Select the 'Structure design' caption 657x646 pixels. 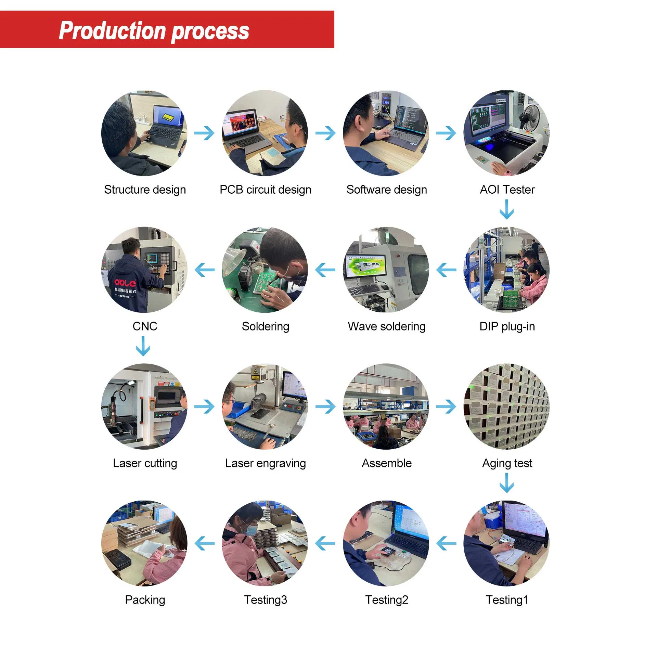pyautogui.click(x=145, y=190)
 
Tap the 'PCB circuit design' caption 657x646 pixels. pyautogui.click(x=265, y=190)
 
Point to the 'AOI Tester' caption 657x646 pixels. pyautogui.click(x=507, y=190)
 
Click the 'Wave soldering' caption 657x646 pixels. pyautogui.click(x=386, y=326)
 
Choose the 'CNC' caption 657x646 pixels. pyautogui.click(x=145, y=326)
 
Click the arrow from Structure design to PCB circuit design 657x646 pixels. pyautogui.click(x=204, y=133)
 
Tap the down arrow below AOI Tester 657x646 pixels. pyautogui.click(x=507, y=209)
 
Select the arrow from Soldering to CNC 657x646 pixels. pyautogui.click(x=205, y=270)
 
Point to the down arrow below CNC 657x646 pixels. pyautogui.click(x=143, y=346)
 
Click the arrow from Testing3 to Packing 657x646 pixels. pyautogui.click(x=205, y=543)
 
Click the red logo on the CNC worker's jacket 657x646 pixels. pyautogui.click(x=125, y=283)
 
